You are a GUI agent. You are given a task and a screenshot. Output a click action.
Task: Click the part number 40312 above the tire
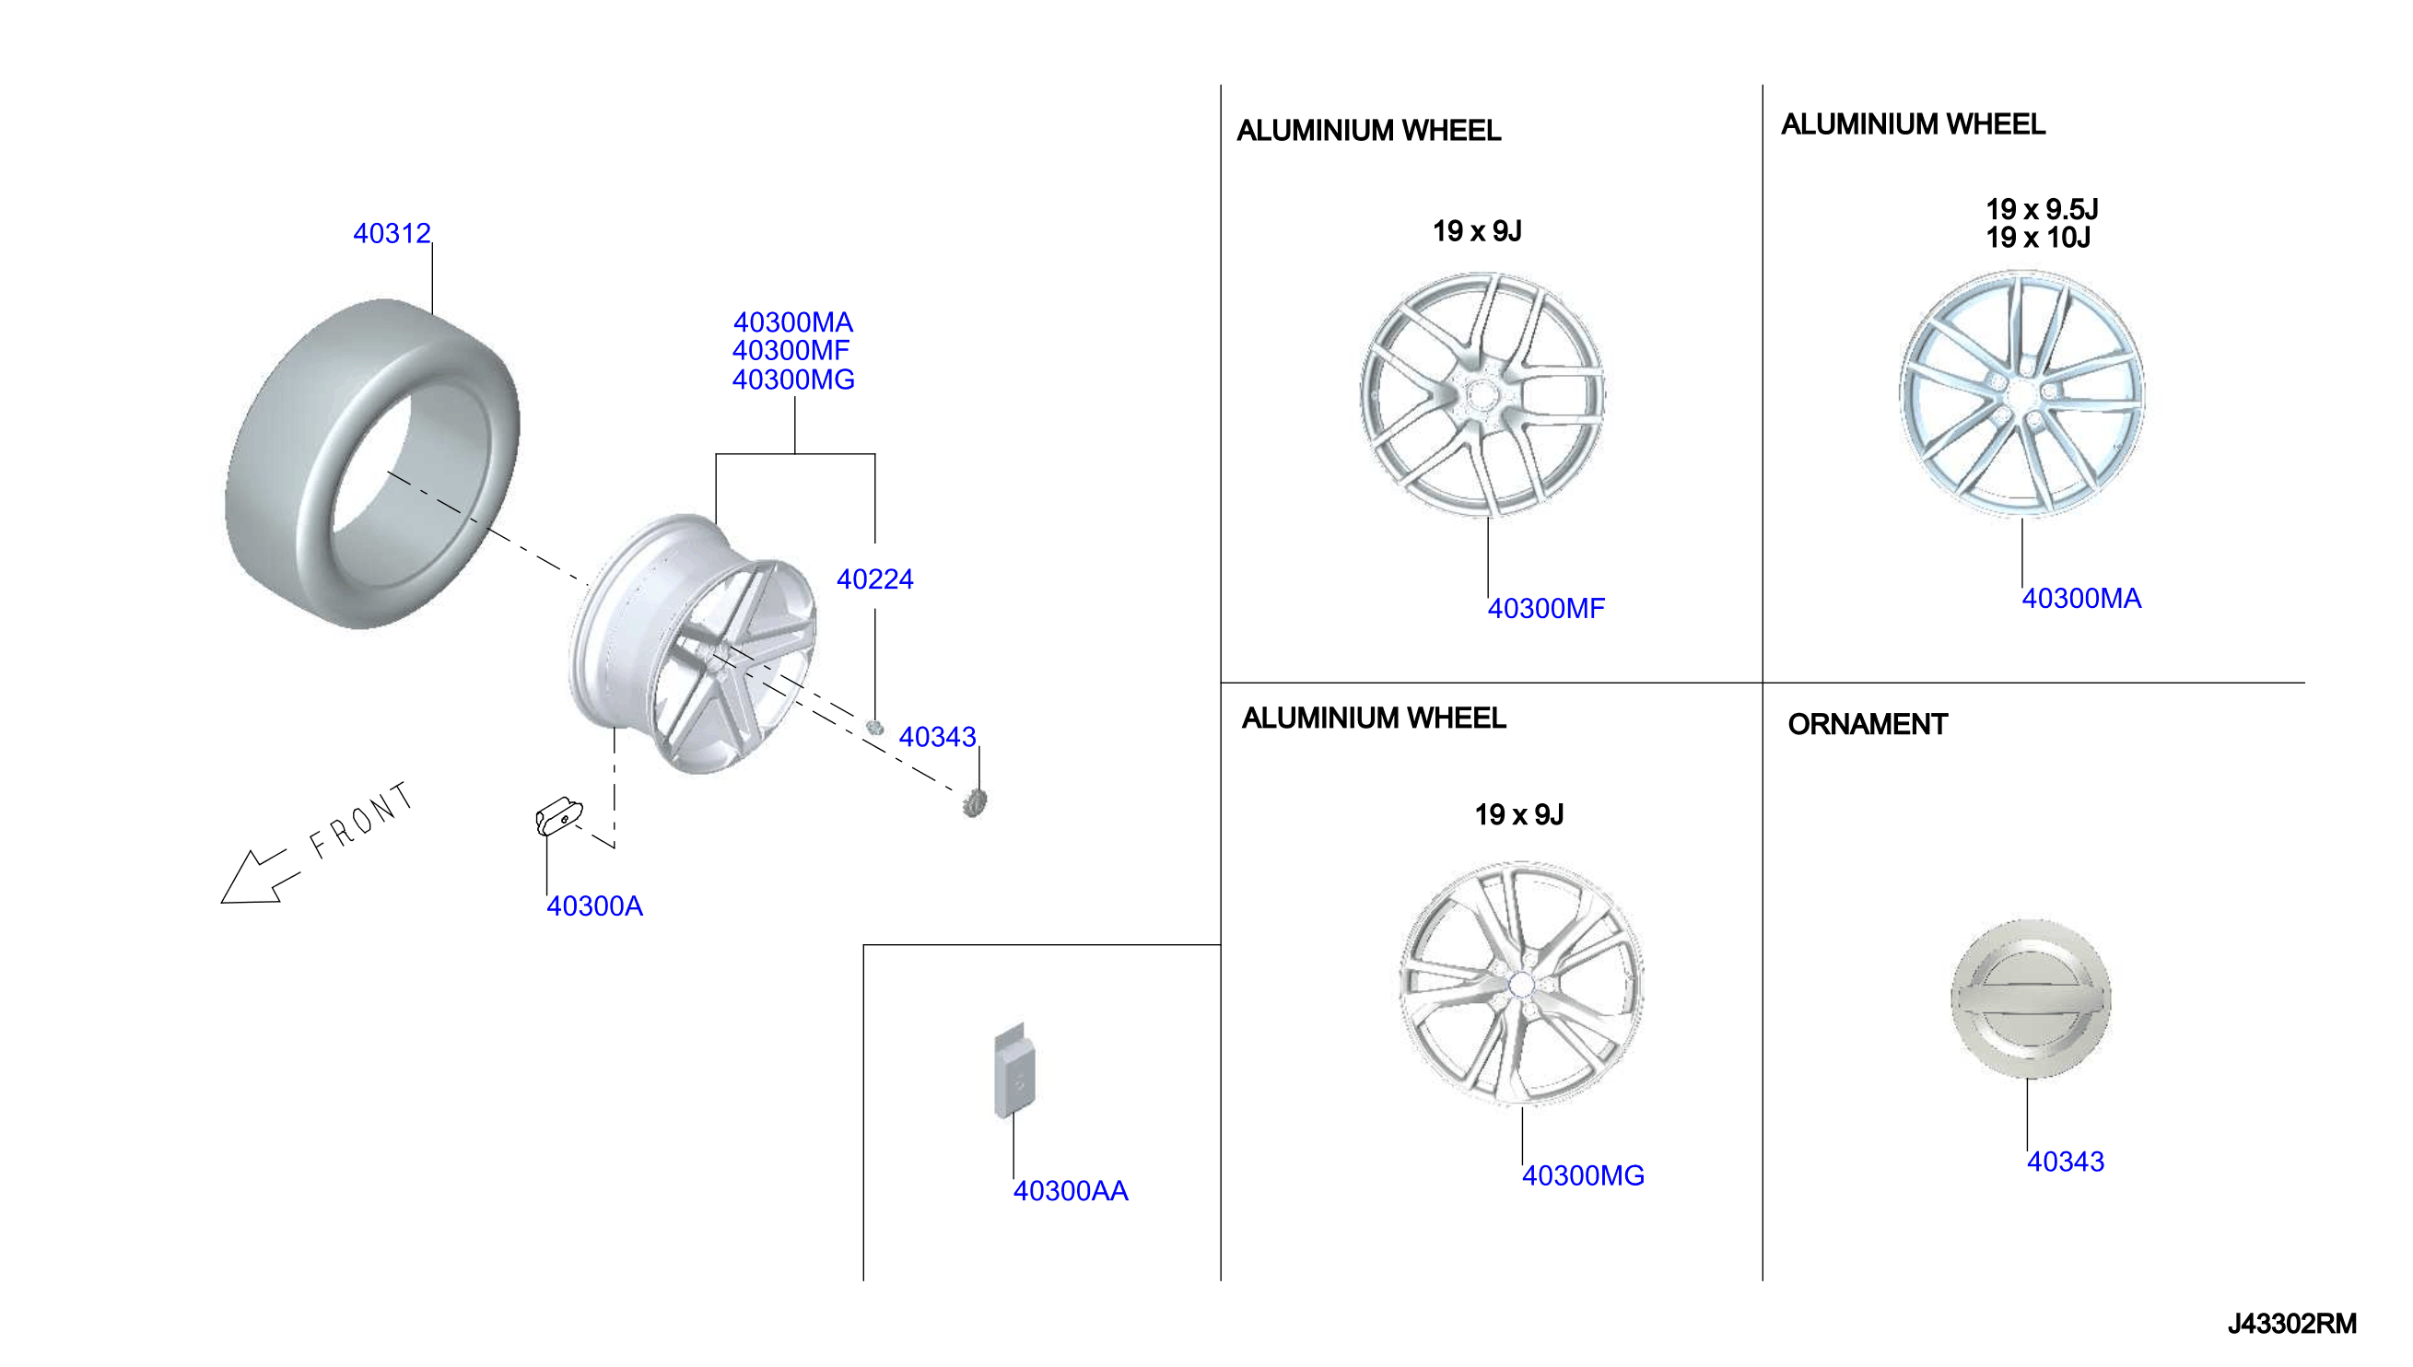click(x=392, y=233)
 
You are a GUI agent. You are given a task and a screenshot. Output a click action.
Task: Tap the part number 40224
click(x=875, y=579)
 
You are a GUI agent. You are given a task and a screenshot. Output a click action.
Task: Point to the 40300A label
click(x=594, y=906)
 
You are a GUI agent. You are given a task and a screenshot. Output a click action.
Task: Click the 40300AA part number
click(x=1071, y=1190)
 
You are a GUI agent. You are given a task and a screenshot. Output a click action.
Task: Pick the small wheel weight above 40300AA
click(x=1015, y=1071)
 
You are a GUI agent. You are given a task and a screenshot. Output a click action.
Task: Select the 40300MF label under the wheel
click(x=1546, y=608)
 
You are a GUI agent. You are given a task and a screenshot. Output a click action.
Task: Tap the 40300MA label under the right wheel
click(x=2081, y=598)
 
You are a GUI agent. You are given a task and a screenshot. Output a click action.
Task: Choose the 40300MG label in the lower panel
click(x=1583, y=1175)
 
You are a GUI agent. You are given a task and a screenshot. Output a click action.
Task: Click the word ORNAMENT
click(x=1868, y=724)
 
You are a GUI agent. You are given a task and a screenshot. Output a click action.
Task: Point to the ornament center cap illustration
click(x=2031, y=998)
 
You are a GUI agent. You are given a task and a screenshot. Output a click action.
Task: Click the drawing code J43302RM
click(x=2292, y=1324)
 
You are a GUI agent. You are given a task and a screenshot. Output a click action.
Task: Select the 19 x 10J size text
click(x=2038, y=238)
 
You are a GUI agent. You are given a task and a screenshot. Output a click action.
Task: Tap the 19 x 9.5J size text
click(x=2042, y=208)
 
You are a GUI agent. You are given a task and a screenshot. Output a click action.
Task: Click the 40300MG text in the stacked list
click(x=793, y=380)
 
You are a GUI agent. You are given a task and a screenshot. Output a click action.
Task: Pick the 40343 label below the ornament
click(x=2066, y=1162)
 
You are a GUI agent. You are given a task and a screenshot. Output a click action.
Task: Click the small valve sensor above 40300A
click(x=558, y=817)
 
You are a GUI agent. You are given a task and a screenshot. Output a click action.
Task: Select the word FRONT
click(x=362, y=821)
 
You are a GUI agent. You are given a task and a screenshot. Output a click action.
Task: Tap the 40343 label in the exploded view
click(x=937, y=737)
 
